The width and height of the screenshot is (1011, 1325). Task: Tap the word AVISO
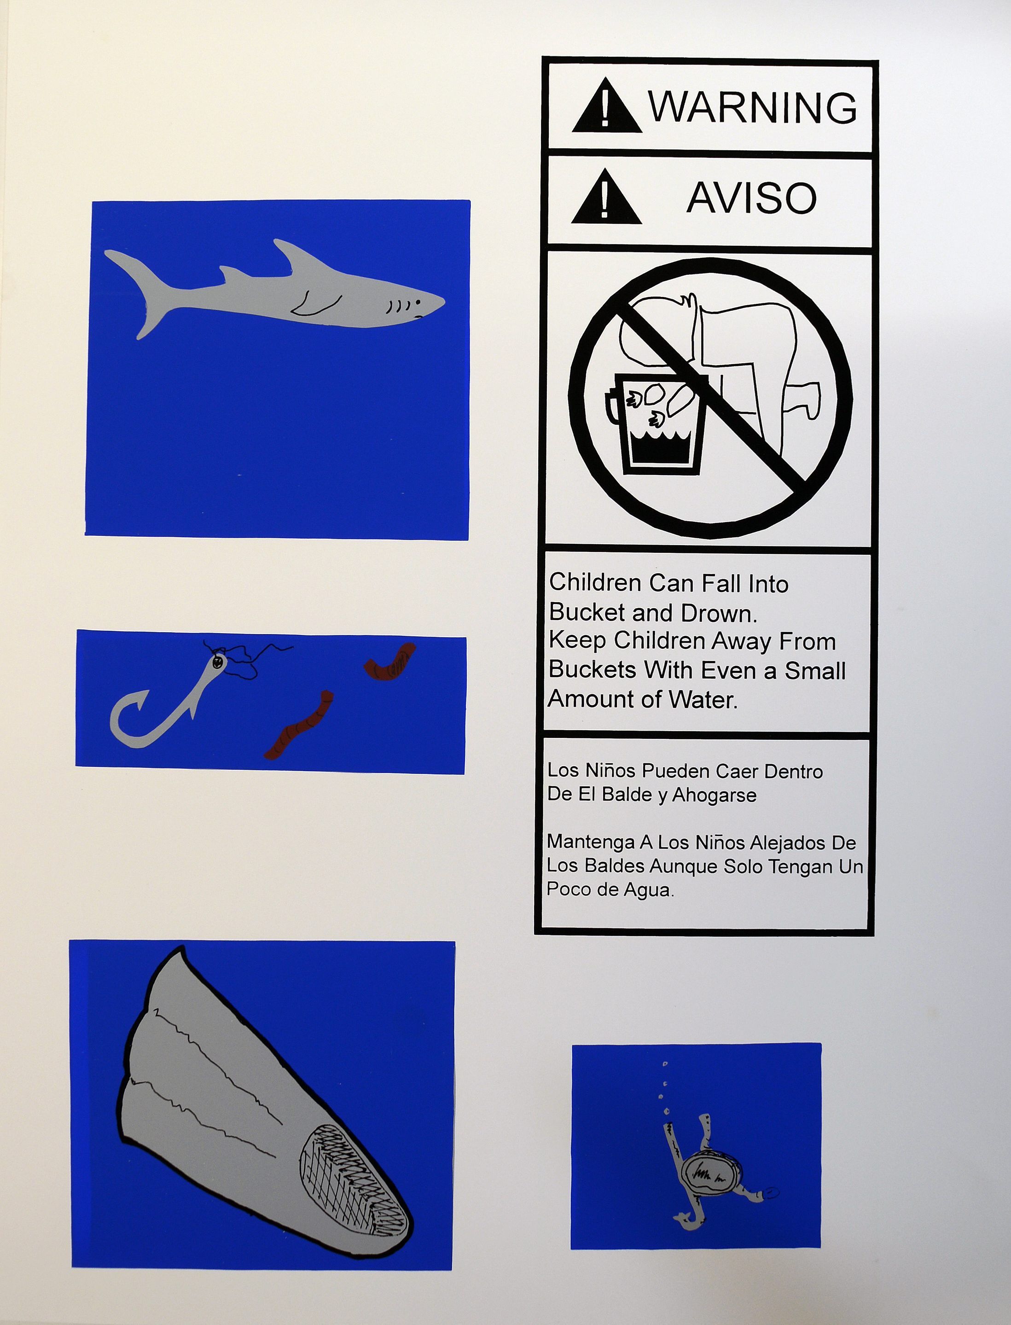tap(752, 198)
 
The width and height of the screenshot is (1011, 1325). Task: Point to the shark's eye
tap(418, 302)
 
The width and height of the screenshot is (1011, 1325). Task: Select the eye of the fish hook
tap(217, 662)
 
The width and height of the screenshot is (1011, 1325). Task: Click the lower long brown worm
tap(299, 725)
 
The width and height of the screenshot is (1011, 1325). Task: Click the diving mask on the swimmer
tap(711, 1171)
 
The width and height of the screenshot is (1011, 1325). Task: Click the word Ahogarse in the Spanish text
tap(714, 796)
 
